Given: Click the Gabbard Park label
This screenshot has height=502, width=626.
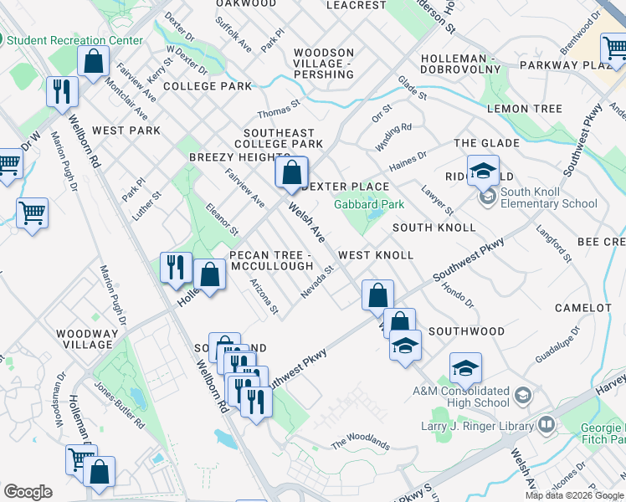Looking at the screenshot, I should click(x=369, y=204).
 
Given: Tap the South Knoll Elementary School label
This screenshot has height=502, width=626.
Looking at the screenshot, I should click(x=548, y=197).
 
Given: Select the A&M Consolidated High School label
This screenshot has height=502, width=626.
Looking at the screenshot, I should click(x=460, y=397).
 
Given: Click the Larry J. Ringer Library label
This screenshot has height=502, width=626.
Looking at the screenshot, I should click(x=477, y=427).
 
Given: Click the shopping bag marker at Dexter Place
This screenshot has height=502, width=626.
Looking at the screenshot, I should click(x=291, y=174).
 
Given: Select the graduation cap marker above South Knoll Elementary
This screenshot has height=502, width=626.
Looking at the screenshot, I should click(x=482, y=172).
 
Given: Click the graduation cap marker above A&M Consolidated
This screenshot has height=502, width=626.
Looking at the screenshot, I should click(x=465, y=367).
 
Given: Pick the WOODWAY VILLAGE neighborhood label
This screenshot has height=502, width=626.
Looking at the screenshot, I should click(x=85, y=339).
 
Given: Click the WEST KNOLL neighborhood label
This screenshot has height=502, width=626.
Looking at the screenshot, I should click(x=376, y=254).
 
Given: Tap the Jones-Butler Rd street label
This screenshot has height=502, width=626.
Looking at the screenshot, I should click(x=118, y=413).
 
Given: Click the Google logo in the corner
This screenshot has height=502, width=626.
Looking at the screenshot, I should click(x=28, y=492).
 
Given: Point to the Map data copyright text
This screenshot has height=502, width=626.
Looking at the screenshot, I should click(x=574, y=495).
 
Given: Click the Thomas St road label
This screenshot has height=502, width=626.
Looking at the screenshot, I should click(x=279, y=110).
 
